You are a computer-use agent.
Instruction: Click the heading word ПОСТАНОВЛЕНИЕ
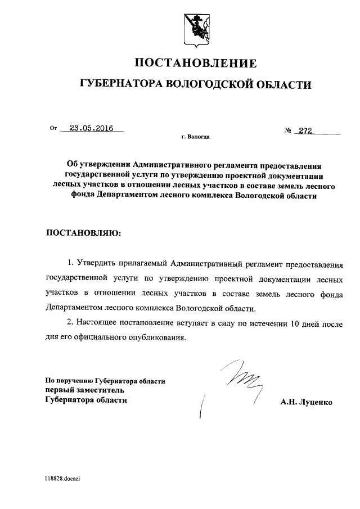tap(195, 63)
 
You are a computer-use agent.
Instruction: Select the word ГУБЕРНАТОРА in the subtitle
tap(120, 84)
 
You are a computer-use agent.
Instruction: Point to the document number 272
tap(305, 130)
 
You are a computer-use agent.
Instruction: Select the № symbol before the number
tap(289, 130)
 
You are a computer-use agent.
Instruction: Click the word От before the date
tap(53, 129)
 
